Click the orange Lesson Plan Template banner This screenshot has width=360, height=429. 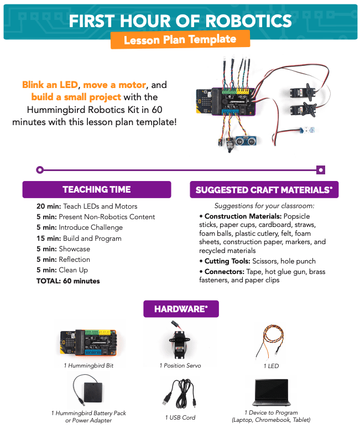coord(180,40)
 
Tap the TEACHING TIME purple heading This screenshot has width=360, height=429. coord(97,189)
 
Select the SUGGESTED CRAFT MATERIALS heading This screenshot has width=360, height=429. coord(264,190)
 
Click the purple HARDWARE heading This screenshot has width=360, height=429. coord(180,309)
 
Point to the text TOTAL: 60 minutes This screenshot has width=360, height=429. coord(69,281)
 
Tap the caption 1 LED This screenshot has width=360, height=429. coord(272,366)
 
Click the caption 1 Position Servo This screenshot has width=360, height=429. coord(180,365)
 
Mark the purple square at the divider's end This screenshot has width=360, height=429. coord(320,170)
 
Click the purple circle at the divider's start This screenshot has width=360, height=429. coord(39,170)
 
